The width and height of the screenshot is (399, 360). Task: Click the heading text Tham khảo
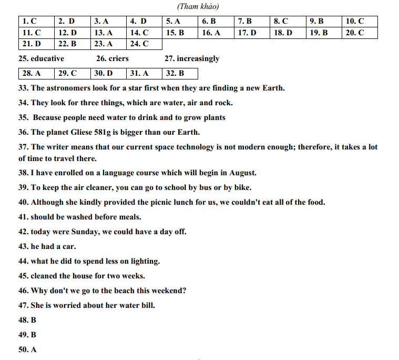(x=198, y=6)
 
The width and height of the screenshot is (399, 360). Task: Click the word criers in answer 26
(x=119, y=58)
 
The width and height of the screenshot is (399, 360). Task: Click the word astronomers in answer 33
(x=68, y=88)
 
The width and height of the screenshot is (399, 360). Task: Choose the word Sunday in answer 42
(x=83, y=232)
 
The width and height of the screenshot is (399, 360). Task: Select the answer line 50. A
(x=27, y=349)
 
